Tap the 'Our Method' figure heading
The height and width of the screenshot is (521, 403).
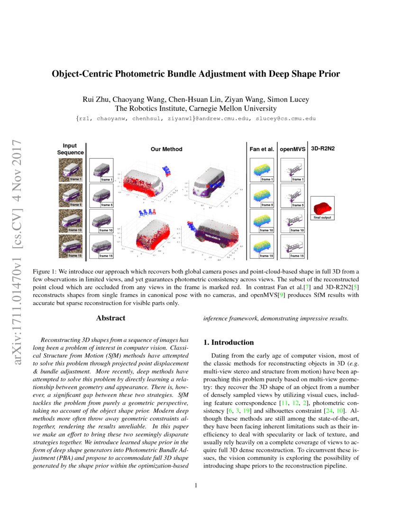166,149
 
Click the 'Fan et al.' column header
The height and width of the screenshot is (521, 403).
262,149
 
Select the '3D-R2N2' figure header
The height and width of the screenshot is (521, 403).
322,149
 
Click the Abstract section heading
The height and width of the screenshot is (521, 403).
110,318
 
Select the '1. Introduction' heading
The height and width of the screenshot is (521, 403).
229,342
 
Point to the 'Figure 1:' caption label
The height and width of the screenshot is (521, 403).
45,271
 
